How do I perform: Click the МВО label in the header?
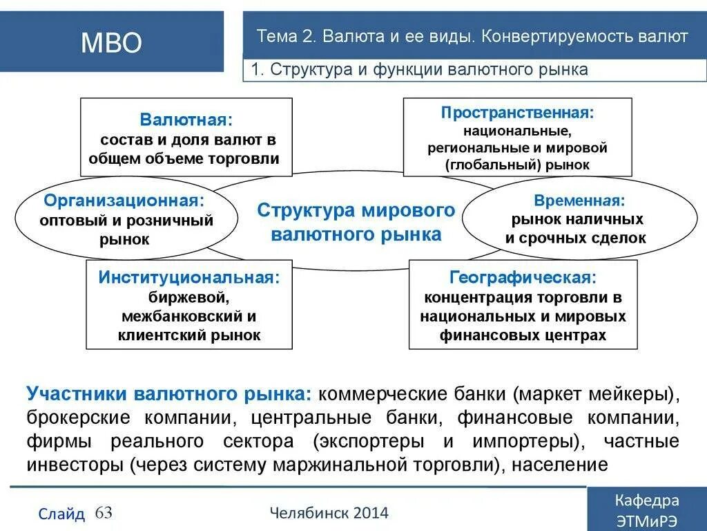pyautogui.click(x=111, y=43)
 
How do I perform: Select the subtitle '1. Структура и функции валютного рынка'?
pyautogui.click(x=419, y=69)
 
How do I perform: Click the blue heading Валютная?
pyautogui.click(x=186, y=120)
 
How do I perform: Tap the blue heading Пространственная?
pyautogui.click(x=517, y=112)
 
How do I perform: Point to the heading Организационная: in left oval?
pyautogui.click(x=124, y=201)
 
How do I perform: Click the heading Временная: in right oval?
pyautogui.click(x=579, y=201)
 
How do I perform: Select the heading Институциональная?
pyautogui.click(x=189, y=277)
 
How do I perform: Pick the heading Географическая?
pyautogui.click(x=523, y=277)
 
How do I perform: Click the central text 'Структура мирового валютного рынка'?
pyautogui.click(x=356, y=222)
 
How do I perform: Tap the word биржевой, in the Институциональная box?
pyautogui.click(x=189, y=297)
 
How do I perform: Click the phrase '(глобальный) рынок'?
pyautogui.click(x=517, y=165)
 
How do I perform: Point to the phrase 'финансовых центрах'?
pyautogui.click(x=523, y=335)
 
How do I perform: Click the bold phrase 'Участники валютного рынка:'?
pyautogui.click(x=170, y=394)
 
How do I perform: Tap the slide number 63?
pyautogui.click(x=104, y=512)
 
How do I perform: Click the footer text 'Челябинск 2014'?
pyautogui.click(x=329, y=513)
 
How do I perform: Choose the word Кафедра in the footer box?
pyautogui.click(x=646, y=501)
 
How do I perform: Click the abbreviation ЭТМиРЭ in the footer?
pyautogui.click(x=646, y=520)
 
